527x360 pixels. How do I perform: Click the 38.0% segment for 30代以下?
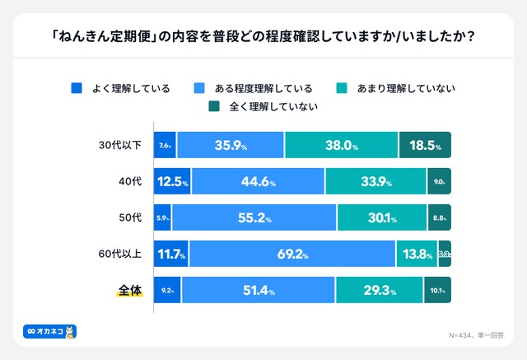point(342,146)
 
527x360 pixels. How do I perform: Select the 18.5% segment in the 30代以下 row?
point(425,146)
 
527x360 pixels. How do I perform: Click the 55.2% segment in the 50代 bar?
point(254,218)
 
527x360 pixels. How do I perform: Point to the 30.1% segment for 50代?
point(382,218)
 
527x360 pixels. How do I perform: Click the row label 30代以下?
point(119,146)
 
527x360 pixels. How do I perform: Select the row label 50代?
point(130,218)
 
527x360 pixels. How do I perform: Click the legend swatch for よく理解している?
point(77,87)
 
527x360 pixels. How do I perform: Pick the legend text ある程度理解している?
point(256,87)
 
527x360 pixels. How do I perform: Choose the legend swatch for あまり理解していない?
point(343,87)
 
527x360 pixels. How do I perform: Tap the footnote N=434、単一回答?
point(475,335)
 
